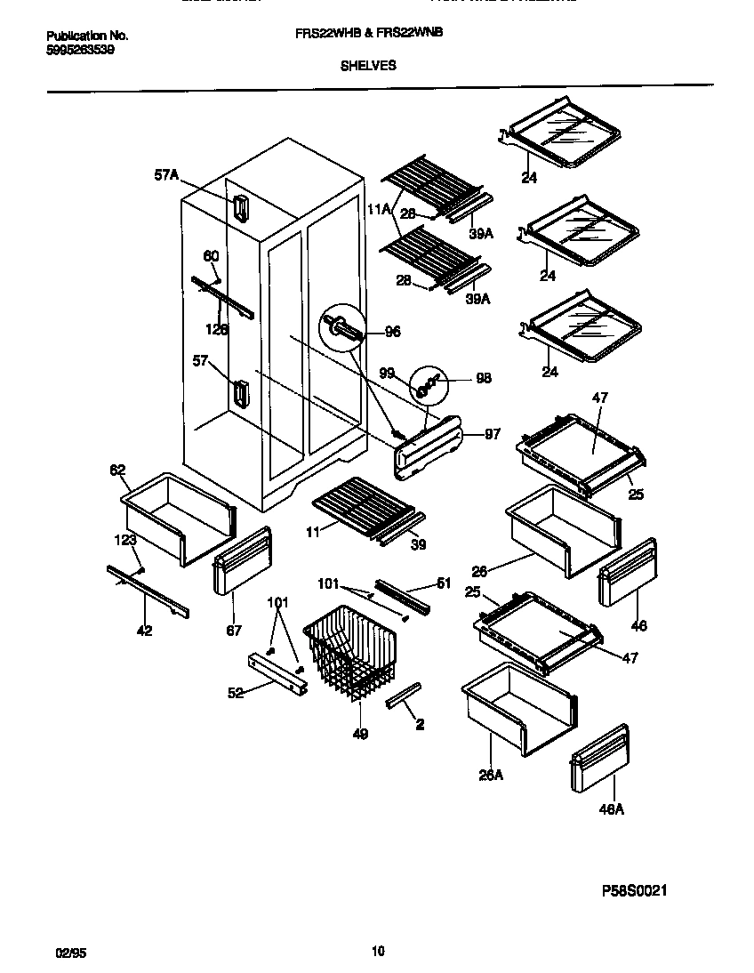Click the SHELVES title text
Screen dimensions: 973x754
(x=368, y=65)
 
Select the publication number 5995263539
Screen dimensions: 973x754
(x=79, y=50)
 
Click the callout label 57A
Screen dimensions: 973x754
(x=166, y=176)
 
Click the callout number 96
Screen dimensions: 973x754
(x=391, y=333)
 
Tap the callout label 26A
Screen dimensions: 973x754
(x=491, y=775)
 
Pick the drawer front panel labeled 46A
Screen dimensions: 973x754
(x=599, y=760)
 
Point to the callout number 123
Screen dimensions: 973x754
(x=124, y=539)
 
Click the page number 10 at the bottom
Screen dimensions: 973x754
(x=378, y=952)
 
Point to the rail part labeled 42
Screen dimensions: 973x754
(x=148, y=592)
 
